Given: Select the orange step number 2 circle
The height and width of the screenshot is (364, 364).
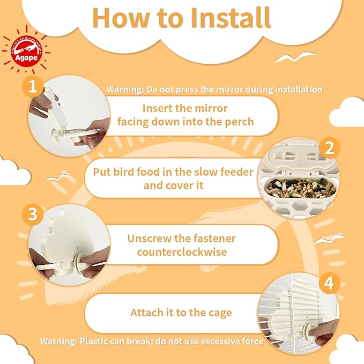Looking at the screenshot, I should (329, 146).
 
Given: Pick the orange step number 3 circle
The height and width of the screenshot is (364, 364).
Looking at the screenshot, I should (33, 214).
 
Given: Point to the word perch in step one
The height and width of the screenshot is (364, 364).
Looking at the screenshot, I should (239, 122).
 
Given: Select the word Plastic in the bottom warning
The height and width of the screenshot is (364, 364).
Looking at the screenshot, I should (96, 341).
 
